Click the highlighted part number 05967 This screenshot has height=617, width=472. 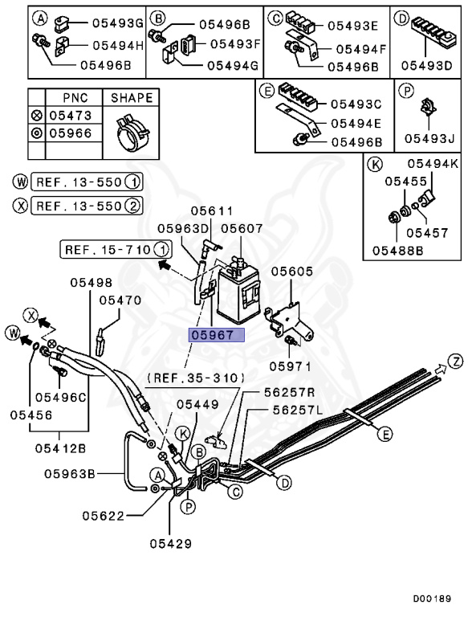coord(215,335)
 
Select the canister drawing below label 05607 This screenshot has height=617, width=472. coord(238,290)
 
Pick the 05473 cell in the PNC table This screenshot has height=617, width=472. coord(71,116)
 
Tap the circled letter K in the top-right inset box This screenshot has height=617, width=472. coord(372,165)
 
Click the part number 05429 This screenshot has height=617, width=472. coord(171,544)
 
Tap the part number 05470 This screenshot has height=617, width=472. coord(120,300)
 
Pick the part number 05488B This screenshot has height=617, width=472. coord(397,250)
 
